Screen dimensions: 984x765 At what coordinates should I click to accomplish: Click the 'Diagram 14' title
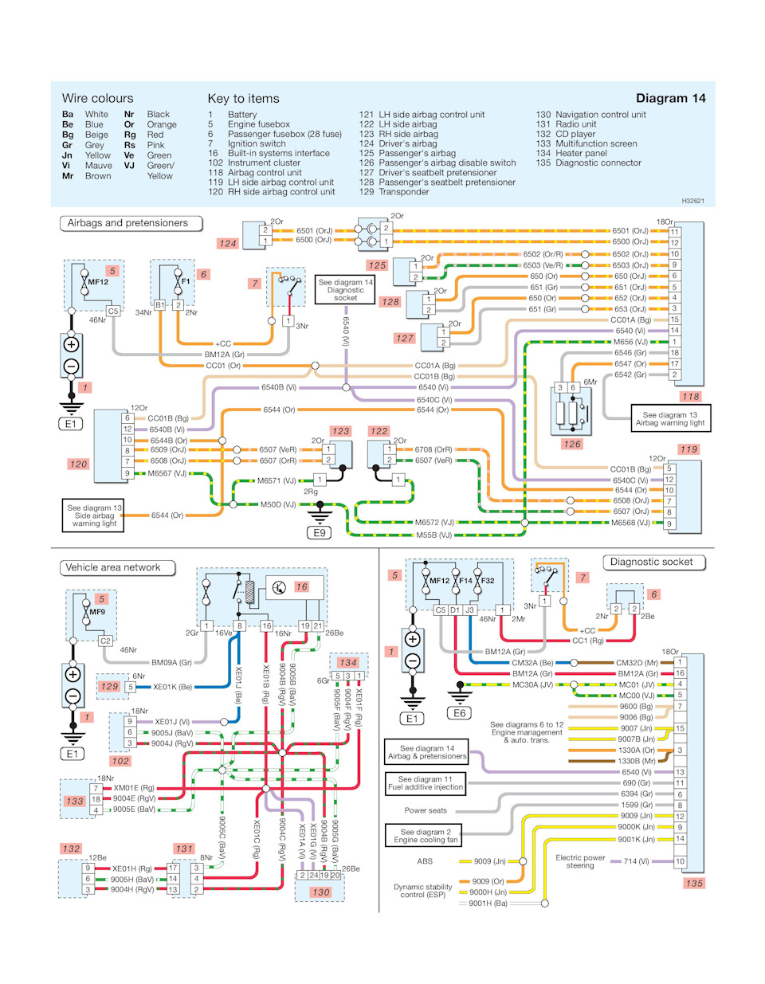click(x=670, y=98)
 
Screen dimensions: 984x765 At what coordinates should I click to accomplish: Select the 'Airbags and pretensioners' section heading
click(x=127, y=223)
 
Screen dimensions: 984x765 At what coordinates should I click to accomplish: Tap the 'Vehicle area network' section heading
click(x=113, y=567)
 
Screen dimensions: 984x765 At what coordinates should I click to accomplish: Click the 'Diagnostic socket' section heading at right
click(x=651, y=562)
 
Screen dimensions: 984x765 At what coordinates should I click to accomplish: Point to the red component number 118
click(x=690, y=396)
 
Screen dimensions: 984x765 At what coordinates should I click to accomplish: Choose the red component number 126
click(x=571, y=444)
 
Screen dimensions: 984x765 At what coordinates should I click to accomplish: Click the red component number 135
click(x=694, y=883)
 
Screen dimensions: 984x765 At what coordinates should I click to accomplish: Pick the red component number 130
click(x=320, y=892)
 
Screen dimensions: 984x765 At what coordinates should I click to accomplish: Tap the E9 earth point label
click(x=320, y=532)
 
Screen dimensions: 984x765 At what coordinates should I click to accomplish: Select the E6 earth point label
click(x=460, y=713)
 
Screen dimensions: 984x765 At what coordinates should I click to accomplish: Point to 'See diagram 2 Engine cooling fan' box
click(x=426, y=835)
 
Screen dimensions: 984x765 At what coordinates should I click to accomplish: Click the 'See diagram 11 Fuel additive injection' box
click(x=426, y=782)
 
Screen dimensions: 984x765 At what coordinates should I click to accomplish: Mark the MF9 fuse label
click(x=97, y=612)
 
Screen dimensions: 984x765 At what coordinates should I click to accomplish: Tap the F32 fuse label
click(x=488, y=581)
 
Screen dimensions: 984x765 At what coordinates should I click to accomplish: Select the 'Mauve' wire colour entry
click(x=98, y=166)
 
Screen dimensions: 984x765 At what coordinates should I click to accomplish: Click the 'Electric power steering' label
click(x=580, y=861)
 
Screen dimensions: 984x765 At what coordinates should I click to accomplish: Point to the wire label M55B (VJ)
click(x=433, y=535)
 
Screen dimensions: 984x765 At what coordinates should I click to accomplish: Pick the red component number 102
click(x=120, y=761)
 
